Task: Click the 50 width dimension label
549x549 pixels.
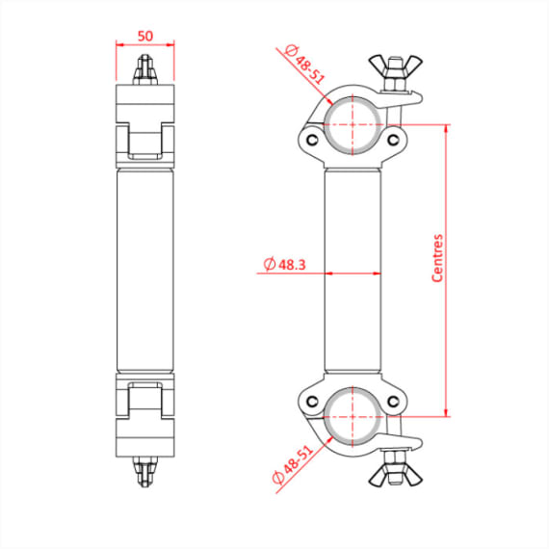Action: pyautogui.click(x=144, y=36)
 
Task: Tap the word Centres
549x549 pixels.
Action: pyautogui.click(x=437, y=258)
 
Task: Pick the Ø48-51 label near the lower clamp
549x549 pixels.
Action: pyautogui.click(x=293, y=463)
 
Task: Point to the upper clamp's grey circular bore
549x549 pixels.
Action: pyautogui.click(x=353, y=119)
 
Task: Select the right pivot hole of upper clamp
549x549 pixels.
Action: pyautogui.click(x=392, y=140)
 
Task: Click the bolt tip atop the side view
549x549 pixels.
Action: pyautogui.click(x=144, y=67)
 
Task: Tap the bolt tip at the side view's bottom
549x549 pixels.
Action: pyautogui.click(x=144, y=472)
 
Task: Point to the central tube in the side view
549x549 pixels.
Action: pyautogui.click(x=144, y=269)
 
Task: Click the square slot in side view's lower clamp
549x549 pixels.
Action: pyautogui.click(x=144, y=397)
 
